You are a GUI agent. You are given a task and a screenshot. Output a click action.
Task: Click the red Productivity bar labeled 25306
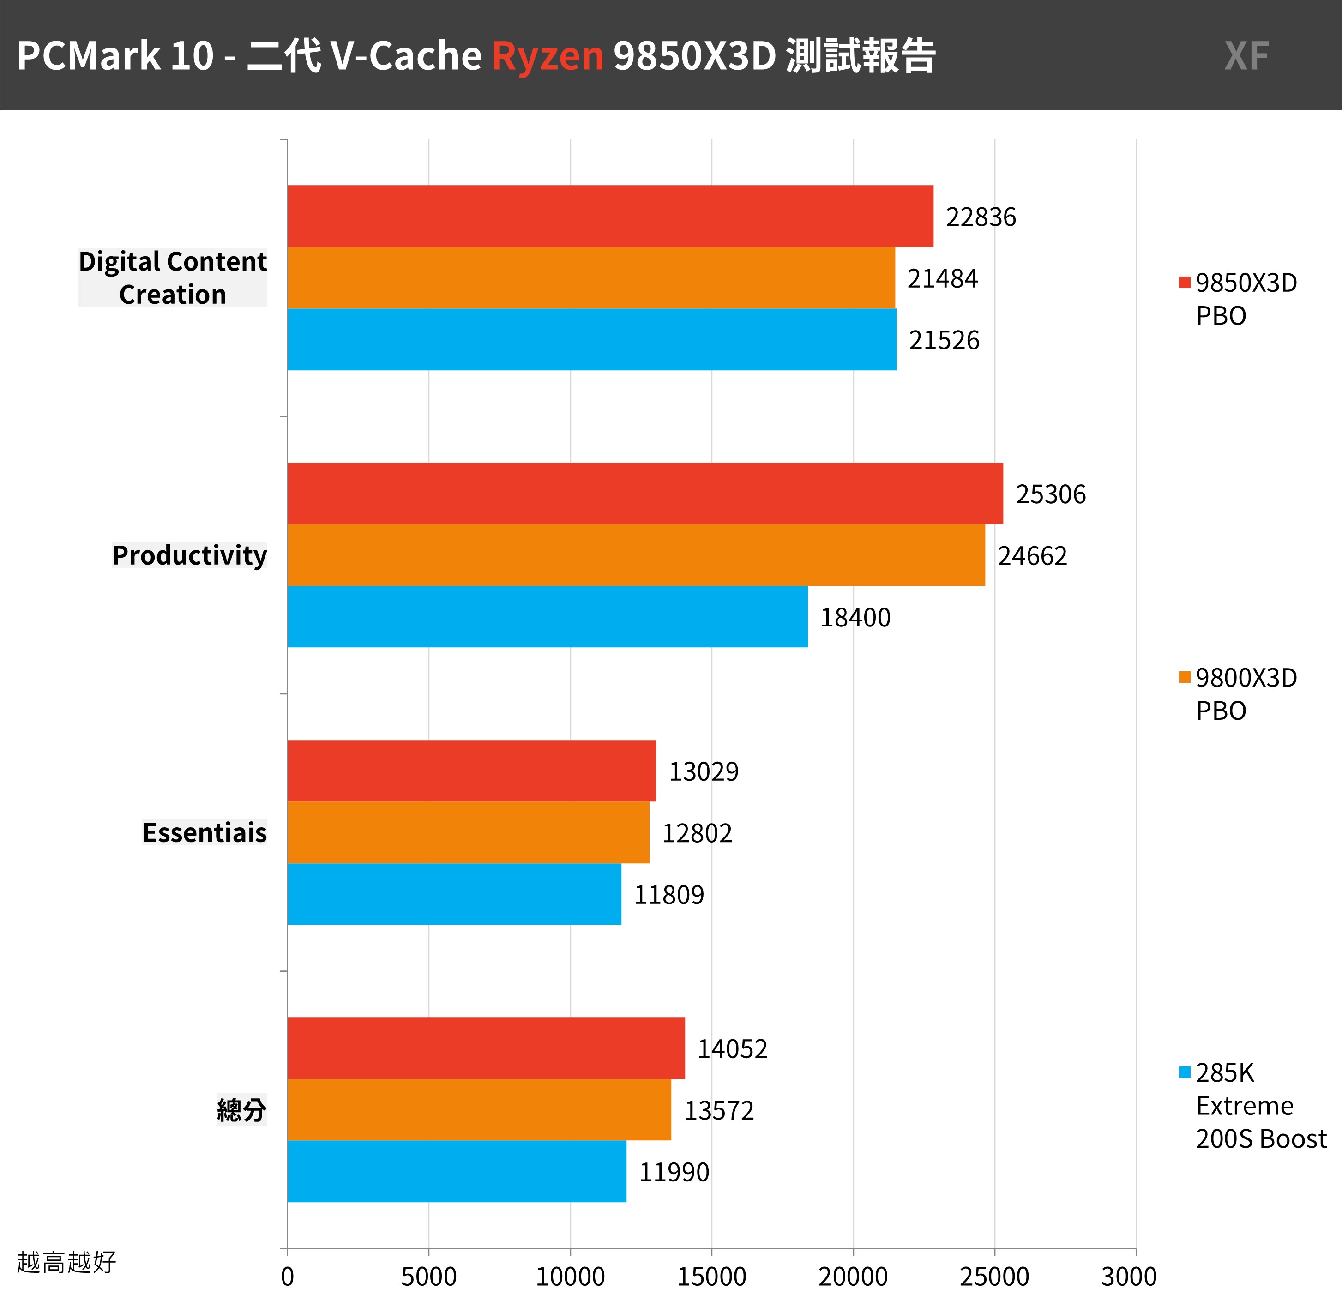tap(645, 493)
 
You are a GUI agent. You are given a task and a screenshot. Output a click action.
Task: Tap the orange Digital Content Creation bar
tap(591, 277)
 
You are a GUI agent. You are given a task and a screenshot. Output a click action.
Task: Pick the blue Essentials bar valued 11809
tap(454, 894)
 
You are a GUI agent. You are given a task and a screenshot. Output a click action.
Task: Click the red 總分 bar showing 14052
tap(486, 1048)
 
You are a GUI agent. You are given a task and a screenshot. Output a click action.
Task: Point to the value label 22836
tap(981, 217)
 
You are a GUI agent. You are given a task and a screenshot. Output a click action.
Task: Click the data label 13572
tap(719, 1110)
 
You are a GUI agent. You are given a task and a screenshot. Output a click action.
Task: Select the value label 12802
tap(697, 833)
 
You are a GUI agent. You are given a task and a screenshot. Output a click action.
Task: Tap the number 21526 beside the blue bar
tap(944, 340)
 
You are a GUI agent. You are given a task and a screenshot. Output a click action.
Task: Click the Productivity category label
tap(190, 555)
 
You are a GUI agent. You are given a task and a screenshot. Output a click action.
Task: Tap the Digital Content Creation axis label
tap(173, 277)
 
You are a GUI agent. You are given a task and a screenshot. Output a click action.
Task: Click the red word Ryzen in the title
tap(548, 55)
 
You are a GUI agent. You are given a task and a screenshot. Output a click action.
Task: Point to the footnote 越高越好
tap(66, 1261)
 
